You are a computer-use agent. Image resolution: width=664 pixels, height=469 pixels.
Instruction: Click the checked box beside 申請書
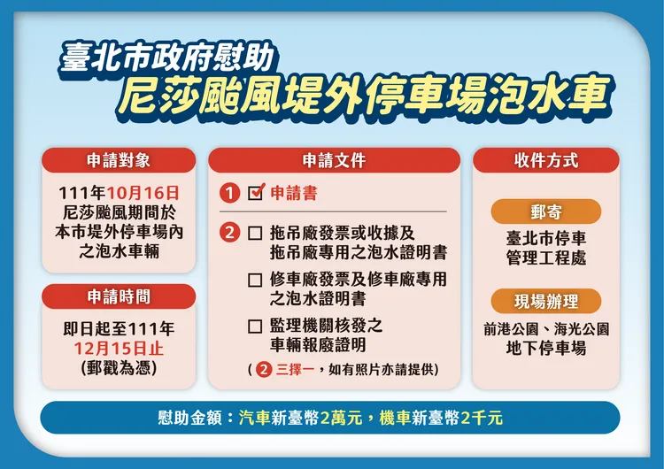coord(256,192)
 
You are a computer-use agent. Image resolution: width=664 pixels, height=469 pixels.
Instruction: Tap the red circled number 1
coord(230,193)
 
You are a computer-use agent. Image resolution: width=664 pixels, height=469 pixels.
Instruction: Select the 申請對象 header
coord(118,160)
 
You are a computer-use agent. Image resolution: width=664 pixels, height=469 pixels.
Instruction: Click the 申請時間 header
coord(118,296)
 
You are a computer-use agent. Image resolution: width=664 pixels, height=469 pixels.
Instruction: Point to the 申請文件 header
coord(334,160)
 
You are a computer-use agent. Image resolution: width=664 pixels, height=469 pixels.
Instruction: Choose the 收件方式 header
coord(546,160)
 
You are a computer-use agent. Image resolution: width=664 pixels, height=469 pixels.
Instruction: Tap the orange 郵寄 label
coord(546,212)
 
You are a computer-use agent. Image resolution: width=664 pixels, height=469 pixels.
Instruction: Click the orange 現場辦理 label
coord(546,301)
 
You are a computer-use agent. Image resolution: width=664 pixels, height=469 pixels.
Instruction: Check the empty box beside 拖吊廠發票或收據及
coord(255,234)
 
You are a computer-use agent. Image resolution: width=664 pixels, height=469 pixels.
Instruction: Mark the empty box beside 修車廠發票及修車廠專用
coord(255,280)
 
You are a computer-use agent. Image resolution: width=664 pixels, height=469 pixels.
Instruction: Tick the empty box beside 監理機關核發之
coord(255,326)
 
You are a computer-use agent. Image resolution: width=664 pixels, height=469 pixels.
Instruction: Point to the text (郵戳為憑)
coord(118,366)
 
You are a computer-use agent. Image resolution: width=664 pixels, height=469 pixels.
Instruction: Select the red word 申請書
coord(293,193)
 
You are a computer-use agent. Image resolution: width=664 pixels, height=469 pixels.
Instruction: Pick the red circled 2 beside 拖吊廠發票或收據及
coord(230,234)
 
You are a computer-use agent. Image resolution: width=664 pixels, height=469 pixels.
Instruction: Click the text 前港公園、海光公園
coord(546,328)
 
